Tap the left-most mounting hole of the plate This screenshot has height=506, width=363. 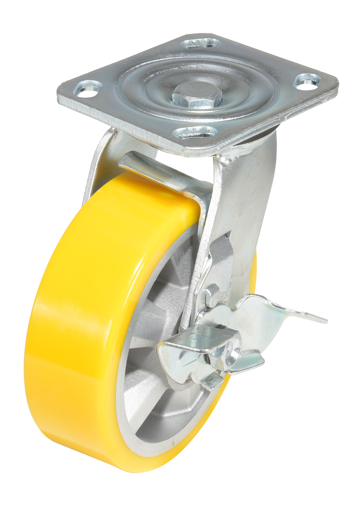[x=88, y=88]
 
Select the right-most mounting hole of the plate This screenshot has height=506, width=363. [x=307, y=81]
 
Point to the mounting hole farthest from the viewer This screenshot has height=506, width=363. [x=201, y=43]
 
